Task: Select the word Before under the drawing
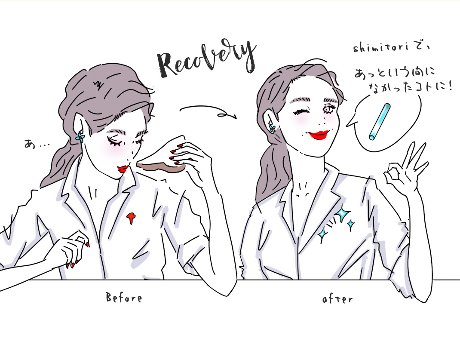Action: coord(124,298)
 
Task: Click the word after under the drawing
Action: coord(337,298)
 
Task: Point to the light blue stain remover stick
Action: coord(380,122)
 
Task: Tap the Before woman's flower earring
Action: coord(80,137)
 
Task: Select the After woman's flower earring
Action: coord(272,129)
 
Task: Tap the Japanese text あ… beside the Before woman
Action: coord(37,144)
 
